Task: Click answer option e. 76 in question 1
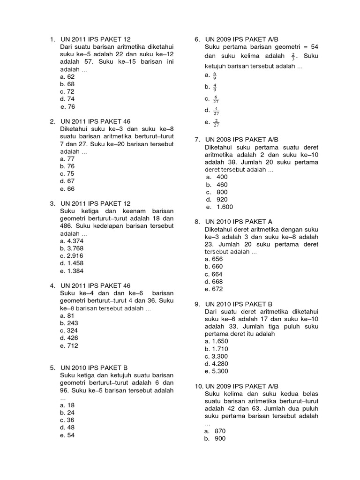[67, 107]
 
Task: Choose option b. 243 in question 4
[69, 323]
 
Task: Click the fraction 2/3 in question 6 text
[293, 57]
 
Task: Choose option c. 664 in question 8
[213, 274]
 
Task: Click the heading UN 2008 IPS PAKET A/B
[242, 139]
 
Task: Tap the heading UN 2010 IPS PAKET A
[239, 221]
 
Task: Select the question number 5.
[52, 367]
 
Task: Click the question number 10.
[198, 386]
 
